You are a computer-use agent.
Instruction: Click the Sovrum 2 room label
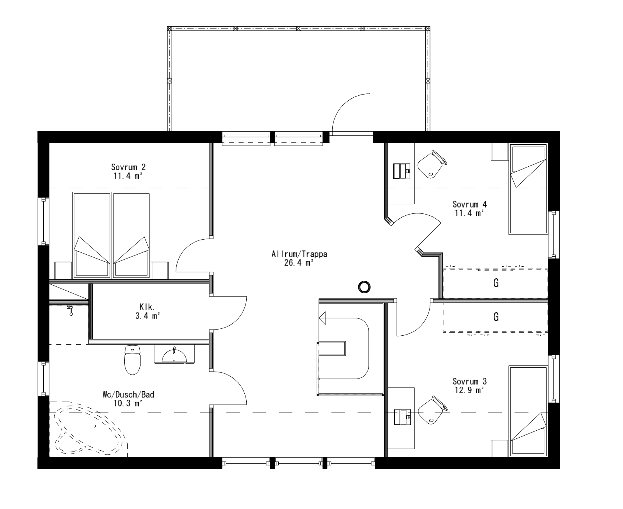pos(128,167)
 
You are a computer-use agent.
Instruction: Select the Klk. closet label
pos(147,308)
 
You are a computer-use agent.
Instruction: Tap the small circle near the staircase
pos(364,287)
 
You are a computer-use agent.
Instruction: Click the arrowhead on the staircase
pos(322,318)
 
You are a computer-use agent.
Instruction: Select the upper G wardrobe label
pos(496,283)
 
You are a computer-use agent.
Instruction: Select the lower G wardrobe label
pos(496,317)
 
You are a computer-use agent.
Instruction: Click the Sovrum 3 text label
pos(469,382)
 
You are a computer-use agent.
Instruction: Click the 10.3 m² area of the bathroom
pos(128,403)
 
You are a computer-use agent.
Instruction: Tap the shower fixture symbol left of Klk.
pos(70,310)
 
